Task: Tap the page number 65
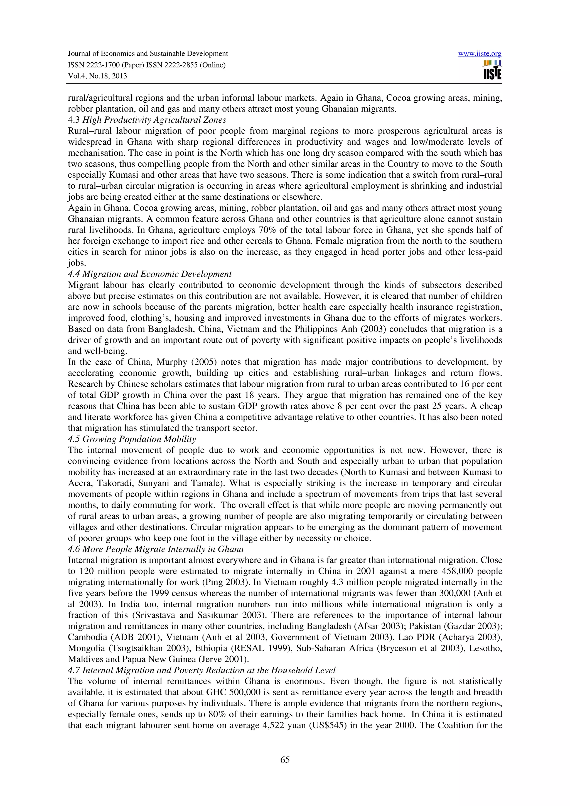tap(285, 759)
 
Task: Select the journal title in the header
tap(148, 54)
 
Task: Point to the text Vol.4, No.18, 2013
tap(97, 76)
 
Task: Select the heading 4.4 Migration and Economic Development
tap(150, 274)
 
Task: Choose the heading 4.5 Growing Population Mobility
tap(132, 439)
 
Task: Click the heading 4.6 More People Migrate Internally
tap(156, 549)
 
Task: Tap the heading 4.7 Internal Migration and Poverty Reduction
tap(202, 670)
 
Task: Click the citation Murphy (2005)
tap(182, 362)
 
